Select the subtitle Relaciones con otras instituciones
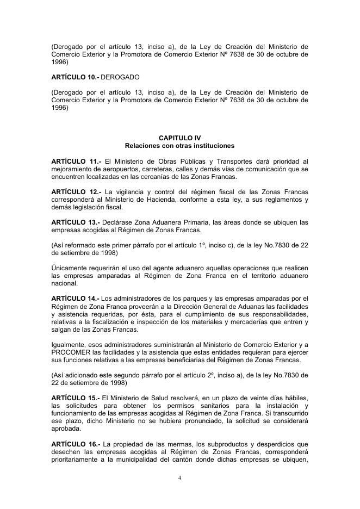179,146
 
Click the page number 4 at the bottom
179,479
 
